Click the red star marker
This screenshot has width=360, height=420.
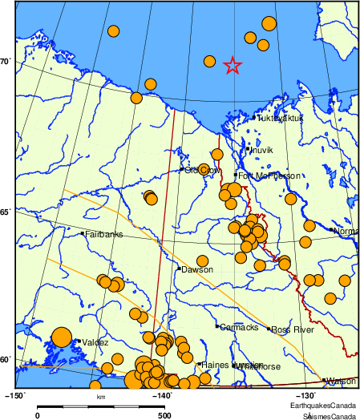click(233, 66)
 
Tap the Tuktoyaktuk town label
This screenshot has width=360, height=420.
click(281, 119)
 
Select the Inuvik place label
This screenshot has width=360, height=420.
click(262, 150)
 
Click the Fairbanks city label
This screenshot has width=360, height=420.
click(103, 235)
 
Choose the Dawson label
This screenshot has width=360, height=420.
click(197, 270)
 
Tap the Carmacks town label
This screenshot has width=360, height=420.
click(240, 327)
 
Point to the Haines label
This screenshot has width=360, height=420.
click(215, 365)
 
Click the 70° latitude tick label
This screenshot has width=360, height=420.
click(6, 62)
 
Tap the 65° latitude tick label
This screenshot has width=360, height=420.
click(6, 212)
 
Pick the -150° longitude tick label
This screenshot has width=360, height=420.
click(15, 395)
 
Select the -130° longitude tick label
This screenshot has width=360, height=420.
click(308, 395)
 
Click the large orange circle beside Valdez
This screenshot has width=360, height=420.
click(61, 338)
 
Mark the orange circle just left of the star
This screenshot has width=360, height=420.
click(209, 62)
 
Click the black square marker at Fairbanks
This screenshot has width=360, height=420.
click(83, 233)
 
